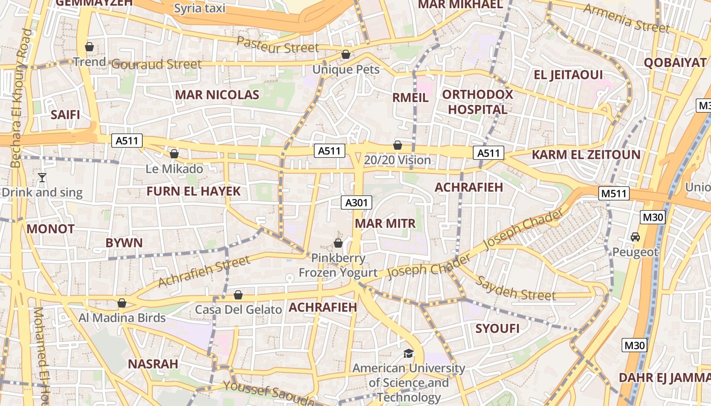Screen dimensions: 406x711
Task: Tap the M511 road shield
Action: coord(614,193)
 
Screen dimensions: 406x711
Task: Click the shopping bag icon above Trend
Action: coord(89,47)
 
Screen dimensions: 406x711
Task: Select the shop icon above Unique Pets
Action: coord(346,54)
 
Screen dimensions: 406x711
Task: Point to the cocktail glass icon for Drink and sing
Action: coord(42,178)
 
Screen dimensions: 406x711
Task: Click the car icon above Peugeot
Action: coord(635,237)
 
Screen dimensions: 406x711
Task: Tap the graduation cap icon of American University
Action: coord(408,353)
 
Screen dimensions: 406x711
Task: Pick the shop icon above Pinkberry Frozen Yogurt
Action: coord(338,243)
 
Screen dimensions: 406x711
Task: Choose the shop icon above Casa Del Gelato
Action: coord(238,295)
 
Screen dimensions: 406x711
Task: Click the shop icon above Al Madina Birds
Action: coord(122,303)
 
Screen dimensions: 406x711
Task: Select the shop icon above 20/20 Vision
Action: coord(398,145)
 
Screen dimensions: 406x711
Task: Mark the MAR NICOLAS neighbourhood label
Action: coord(217,95)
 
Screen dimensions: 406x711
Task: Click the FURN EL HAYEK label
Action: coord(193,191)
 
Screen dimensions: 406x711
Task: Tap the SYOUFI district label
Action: coord(497,328)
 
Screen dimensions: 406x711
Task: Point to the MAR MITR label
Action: coord(385,224)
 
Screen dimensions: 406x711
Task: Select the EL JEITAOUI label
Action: coord(568,75)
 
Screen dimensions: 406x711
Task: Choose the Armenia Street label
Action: coord(626,18)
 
